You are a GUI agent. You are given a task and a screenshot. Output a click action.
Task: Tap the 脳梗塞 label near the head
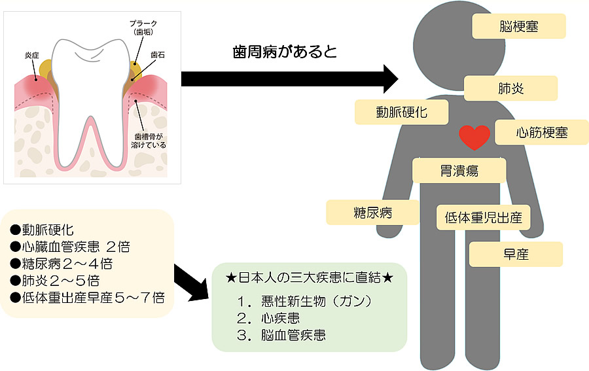pos(518,27)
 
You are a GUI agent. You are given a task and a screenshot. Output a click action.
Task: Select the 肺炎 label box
pos(510,88)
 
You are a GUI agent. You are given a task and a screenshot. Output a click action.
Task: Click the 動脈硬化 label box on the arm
pos(401,112)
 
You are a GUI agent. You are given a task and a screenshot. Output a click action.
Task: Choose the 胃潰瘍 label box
pos(459,171)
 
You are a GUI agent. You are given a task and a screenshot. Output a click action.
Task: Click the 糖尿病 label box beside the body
pos(372,213)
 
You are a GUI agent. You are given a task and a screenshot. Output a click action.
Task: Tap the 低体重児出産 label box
pos(483,217)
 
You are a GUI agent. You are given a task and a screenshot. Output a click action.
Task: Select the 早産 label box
pos(516,254)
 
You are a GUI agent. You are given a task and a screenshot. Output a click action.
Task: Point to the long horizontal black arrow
pos(288,79)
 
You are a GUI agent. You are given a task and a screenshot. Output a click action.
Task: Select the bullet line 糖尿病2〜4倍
pos(62,264)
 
